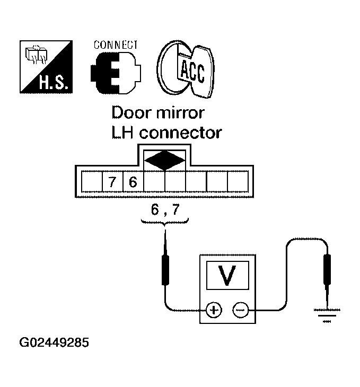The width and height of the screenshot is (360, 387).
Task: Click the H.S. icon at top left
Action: tap(46, 67)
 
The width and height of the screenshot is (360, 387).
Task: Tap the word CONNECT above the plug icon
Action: tap(116, 45)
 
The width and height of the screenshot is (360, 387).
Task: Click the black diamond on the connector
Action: tap(165, 160)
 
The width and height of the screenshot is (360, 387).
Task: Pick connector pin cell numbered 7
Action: tap(112, 182)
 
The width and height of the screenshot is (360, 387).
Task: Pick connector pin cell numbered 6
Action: tap(133, 182)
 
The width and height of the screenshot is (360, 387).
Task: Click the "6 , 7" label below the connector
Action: tap(165, 212)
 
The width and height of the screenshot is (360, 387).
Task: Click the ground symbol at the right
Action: tap(326, 313)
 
